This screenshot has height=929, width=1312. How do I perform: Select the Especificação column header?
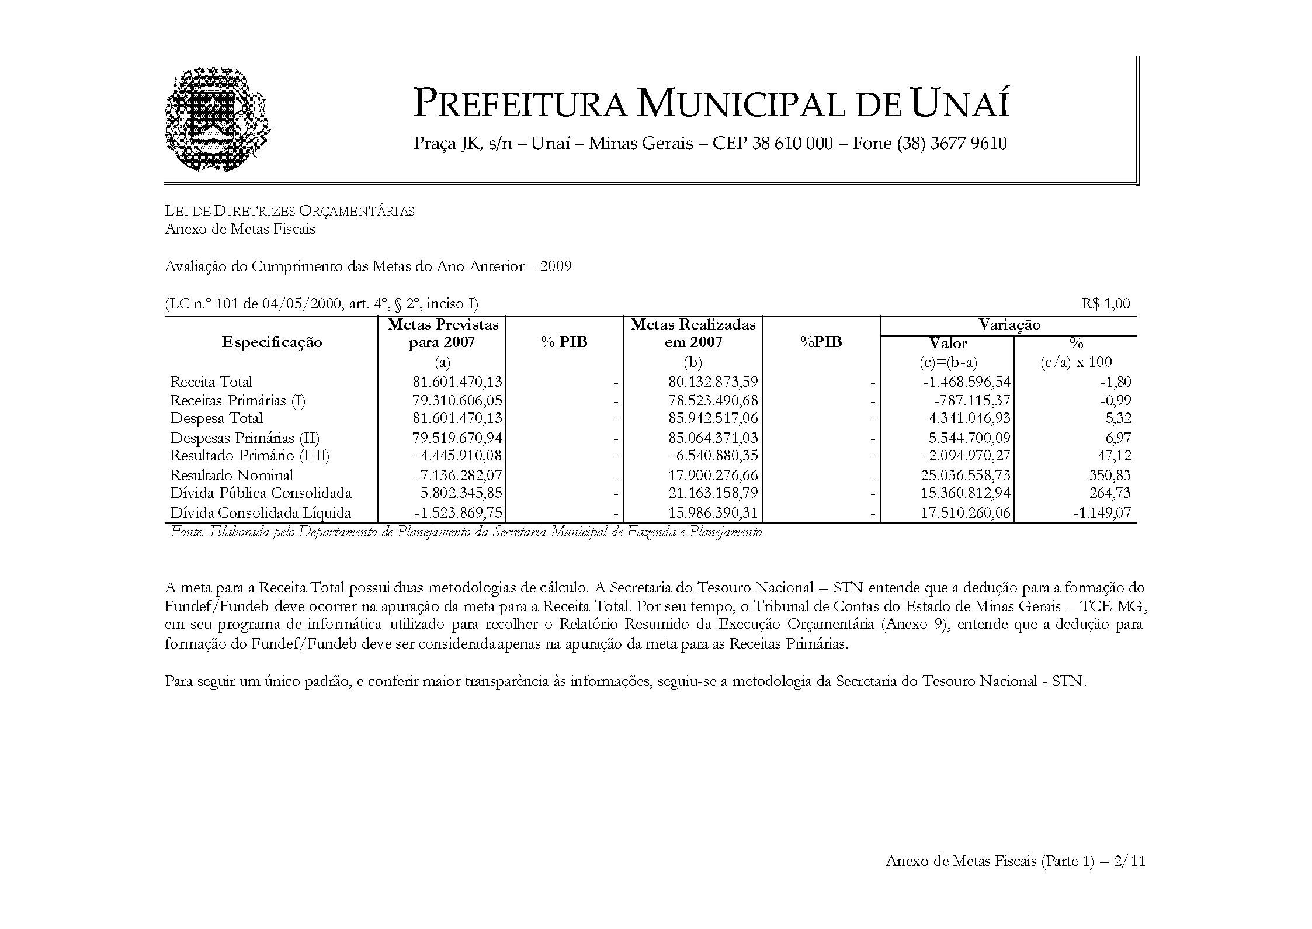pos(272,342)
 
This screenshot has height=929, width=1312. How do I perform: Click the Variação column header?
pos(1009,325)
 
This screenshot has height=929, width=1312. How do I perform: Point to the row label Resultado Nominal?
pos(231,476)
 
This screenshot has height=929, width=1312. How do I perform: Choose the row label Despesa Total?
pos(216,418)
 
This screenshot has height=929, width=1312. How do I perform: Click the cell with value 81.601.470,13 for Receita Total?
pos(457,382)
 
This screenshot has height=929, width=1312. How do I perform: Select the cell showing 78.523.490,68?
pos(713,401)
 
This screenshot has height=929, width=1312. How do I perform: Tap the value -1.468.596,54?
pos(966,382)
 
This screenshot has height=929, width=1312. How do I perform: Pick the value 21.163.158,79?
pos(713,493)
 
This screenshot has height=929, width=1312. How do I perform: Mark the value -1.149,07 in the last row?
pos(1102,514)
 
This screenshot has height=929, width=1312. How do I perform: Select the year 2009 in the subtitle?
pos(556,267)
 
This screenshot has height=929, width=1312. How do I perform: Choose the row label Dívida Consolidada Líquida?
pos(261,514)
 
